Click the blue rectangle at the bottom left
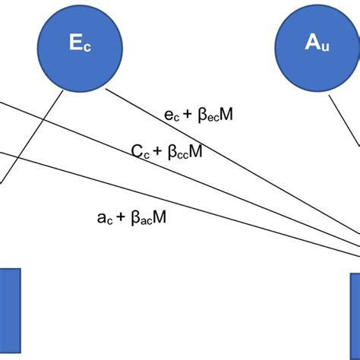(9, 311)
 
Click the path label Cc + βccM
(167, 152)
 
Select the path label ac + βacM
(132, 217)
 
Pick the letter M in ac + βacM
(160, 217)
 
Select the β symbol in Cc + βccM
(169, 152)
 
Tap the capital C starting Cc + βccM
(137, 152)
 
